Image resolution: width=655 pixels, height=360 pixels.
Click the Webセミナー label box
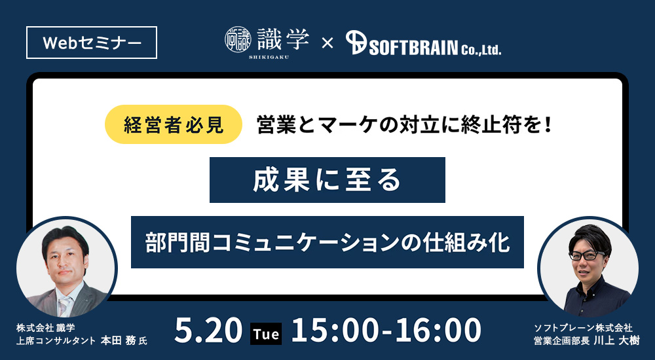[x=92, y=43]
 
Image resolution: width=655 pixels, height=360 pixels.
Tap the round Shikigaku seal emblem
[x=238, y=40]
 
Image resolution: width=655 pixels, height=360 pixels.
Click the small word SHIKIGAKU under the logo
[x=269, y=57]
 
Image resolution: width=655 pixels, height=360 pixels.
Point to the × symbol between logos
[x=327, y=43]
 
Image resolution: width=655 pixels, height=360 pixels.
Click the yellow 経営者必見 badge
[x=174, y=124]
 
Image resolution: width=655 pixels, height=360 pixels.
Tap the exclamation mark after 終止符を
[x=548, y=125]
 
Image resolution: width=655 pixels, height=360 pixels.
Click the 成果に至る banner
[x=327, y=180]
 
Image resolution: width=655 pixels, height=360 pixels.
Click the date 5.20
[x=208, y=331]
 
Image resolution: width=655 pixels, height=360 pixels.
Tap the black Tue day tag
[x=266, y=334]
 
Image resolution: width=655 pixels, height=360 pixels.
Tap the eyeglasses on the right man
[x=587, y=255]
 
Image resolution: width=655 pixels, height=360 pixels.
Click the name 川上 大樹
[x=615, y=340]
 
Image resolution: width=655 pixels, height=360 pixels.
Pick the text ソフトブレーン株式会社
[x=583, y=329]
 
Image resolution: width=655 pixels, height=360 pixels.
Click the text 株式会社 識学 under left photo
[x=46, y=328]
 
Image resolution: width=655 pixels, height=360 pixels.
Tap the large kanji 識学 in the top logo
[x=283, y=39]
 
